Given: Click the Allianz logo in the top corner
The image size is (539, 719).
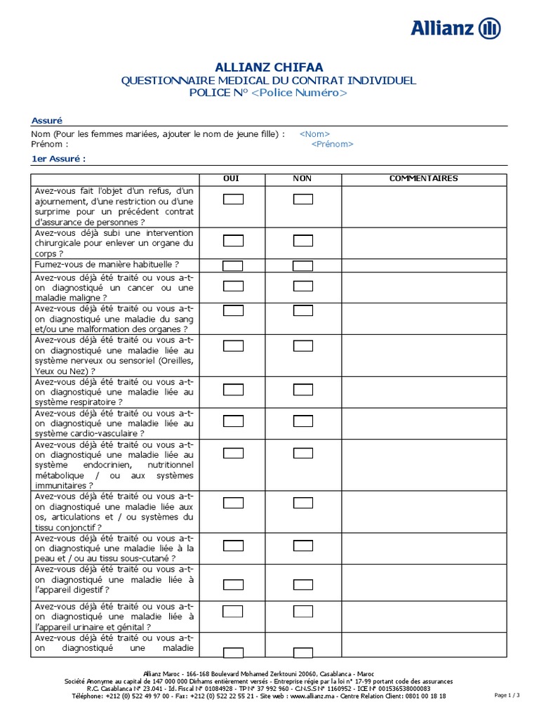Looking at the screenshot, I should pyautogui.click(x=455, y=29).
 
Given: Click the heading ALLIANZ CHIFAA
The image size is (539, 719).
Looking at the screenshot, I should pyautogui.click(x=269, y=67).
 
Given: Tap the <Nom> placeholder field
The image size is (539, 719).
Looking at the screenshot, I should pyautogui.click(x=314, y=134).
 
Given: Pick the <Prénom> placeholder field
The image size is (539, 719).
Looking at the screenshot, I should pyautogui.click(x=332, y=144).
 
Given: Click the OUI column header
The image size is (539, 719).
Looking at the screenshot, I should pyautogui.click(x=231, y=178).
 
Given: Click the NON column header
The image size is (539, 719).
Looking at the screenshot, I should pyautogui.click(x=302, y=178).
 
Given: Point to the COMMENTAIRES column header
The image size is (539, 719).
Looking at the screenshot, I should pyautogui.click(x=423, y=178).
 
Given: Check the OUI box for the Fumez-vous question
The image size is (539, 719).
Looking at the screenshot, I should pyautogui.click(x=233, y=265).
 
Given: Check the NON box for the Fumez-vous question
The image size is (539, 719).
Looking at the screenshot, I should pyautogui.click(x=303, y=265).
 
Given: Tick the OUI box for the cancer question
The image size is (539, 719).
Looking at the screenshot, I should pyautogui.click(x=233, y=286).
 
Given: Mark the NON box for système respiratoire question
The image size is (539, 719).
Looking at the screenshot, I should pyautogui.click(x=303, y=390).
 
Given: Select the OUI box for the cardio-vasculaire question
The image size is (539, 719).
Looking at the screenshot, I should pyautogui.click(x=233, y=421).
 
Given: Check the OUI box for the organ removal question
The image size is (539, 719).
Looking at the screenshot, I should pyautogui.click(x=233, y=241).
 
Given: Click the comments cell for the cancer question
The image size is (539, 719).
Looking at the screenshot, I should pyautogui.click(x=423, y=288).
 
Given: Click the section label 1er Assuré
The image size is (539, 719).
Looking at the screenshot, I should pyautogui.click(x=58, y=159).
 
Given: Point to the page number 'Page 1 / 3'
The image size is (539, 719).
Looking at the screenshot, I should pyautogui.click(x=507, y=695).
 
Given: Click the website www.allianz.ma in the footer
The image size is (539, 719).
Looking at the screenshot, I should pyautogui.click(x=310, y=696).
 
